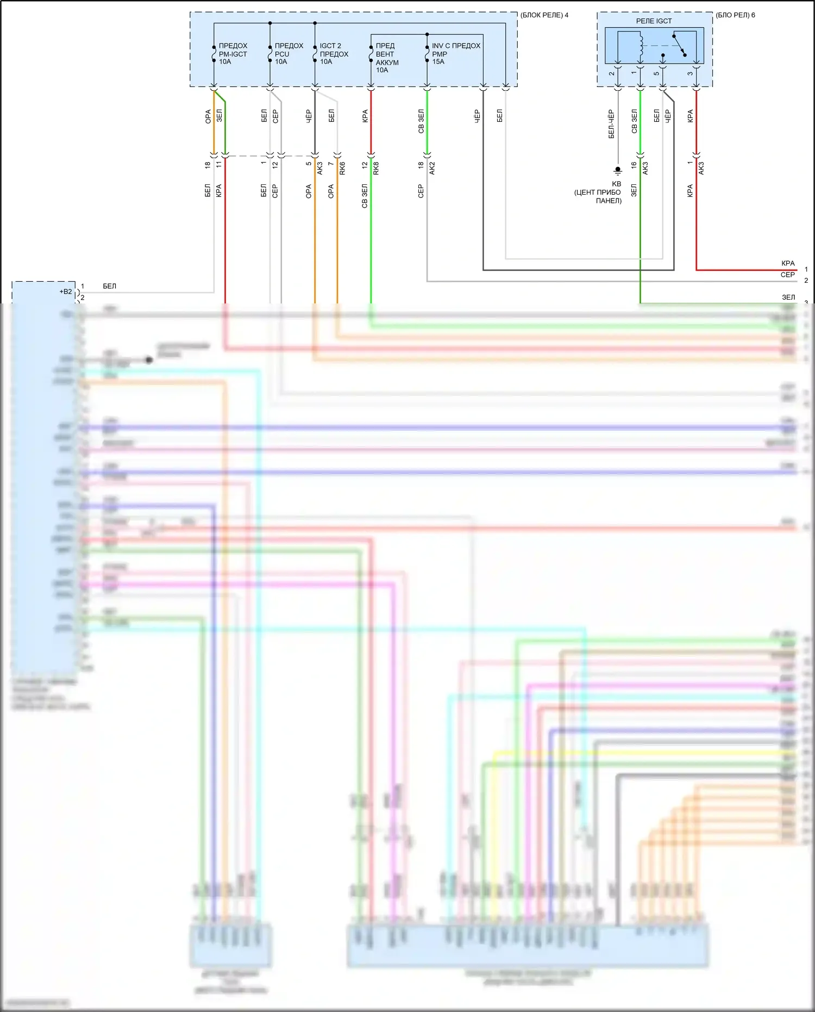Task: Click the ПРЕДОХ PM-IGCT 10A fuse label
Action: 233,54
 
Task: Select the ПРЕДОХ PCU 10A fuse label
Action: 289,54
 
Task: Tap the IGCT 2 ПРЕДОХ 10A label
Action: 334,54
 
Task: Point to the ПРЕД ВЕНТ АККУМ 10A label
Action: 387,58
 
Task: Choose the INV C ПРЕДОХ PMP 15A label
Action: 455,54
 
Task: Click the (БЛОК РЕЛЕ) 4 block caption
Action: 544,15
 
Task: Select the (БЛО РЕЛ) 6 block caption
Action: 735,15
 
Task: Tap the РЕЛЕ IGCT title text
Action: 654,21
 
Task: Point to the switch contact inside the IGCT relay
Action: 679,46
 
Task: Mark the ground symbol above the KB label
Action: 617,171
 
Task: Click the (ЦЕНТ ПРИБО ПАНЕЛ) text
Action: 598,196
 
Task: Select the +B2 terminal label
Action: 66,291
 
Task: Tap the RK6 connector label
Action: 342,169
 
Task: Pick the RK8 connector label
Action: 376,169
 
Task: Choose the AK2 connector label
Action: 432,169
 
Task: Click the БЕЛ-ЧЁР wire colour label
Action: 611,124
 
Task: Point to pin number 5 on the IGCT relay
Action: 656,74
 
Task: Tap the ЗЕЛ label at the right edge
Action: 788,297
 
